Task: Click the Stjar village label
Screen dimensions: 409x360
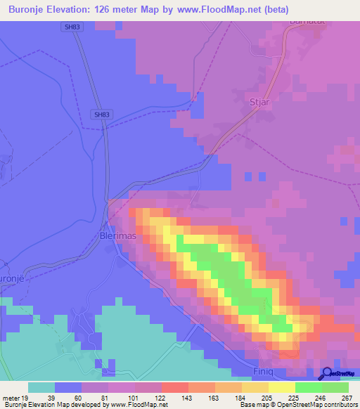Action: (260, 102)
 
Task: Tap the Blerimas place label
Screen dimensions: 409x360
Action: (116, 236)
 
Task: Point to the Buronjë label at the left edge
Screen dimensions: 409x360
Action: (13, 279)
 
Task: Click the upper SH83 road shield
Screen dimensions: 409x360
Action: (70, 27)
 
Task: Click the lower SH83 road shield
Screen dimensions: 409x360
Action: (101, 115)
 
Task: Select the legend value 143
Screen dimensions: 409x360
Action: (188, 398)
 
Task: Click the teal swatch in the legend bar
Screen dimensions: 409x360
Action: (41, 387)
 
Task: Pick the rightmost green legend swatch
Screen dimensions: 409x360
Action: (335, 387)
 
